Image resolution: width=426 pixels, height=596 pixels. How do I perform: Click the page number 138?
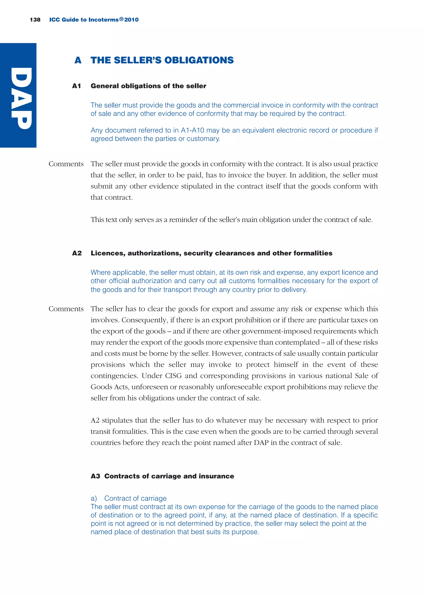(x=35, y=20)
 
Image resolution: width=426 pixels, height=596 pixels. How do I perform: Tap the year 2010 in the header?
(x=131, y=20)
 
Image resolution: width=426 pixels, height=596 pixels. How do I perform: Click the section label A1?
(x=77, y=86)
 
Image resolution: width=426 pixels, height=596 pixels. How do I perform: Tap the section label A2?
(x=77, y=253)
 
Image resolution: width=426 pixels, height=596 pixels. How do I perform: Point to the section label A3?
(x=95, y=476)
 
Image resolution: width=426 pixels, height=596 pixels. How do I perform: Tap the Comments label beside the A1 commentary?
(x=66, y=164)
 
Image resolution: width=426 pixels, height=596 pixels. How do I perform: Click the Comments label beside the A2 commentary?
(x=66, y=309)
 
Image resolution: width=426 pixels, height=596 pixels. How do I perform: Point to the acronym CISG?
(x=173, y=376)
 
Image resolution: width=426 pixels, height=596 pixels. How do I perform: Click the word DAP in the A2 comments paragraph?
(x=261, y=443)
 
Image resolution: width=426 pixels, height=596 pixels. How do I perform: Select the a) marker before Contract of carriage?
(x=94, y=498)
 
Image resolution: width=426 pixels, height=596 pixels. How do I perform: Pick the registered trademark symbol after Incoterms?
(x=121, y=19)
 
